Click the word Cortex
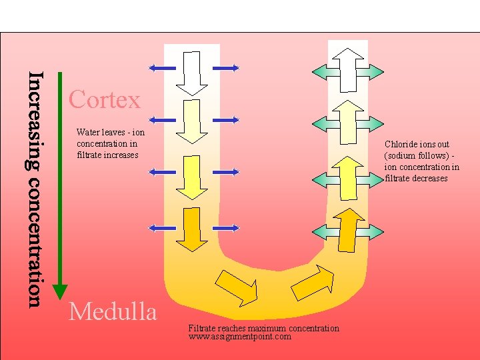click(x=105, y=100)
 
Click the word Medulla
click(x=113, y=311)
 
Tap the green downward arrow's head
click(x=60, y=291)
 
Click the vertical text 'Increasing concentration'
click(x=35, y=189)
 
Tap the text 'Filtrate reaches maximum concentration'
click(x=263, y=328)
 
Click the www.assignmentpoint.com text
click(x=240, y=337)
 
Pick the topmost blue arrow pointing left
click(x=162, y=67)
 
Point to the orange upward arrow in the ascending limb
click(x=347, y=230)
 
